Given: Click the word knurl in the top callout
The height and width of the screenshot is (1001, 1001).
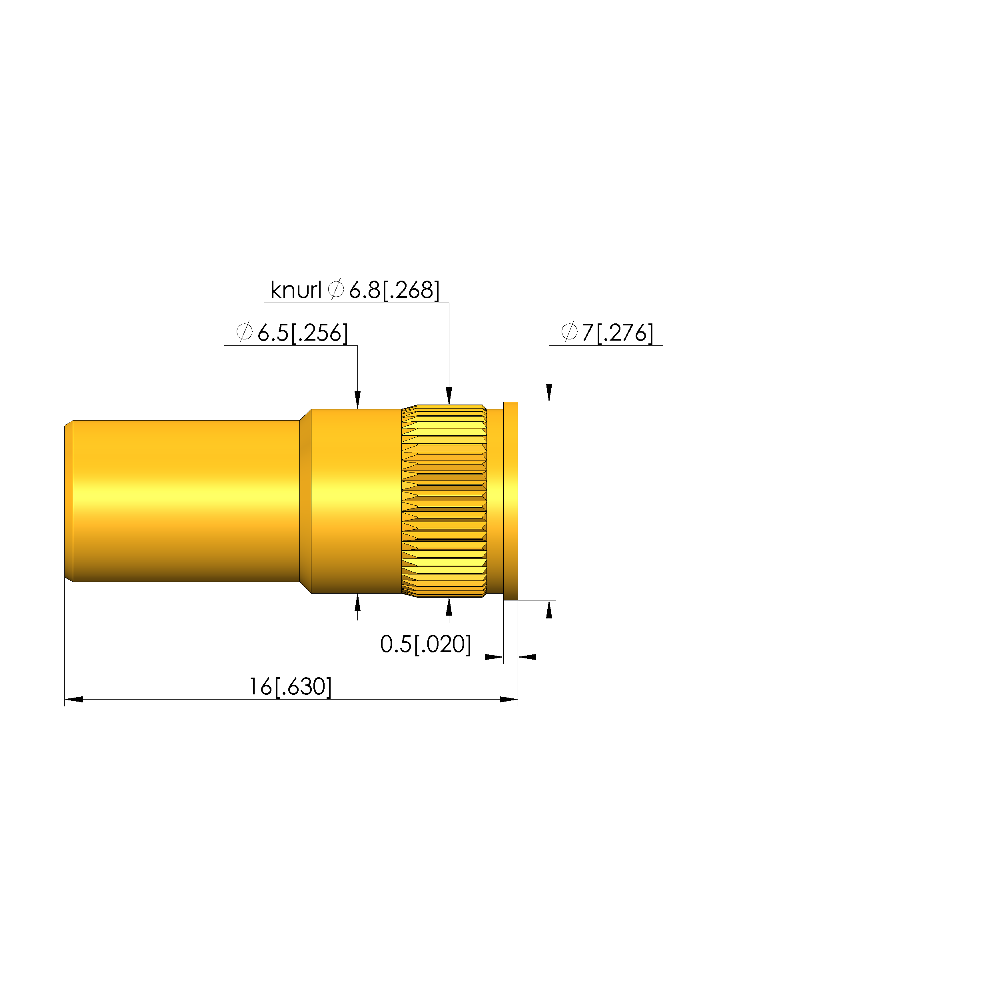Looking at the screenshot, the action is (x=296, y=290).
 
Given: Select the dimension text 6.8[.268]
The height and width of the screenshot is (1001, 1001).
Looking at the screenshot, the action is (x=394, y=290).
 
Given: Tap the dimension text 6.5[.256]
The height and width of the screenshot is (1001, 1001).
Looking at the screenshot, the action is (x=303, y=333).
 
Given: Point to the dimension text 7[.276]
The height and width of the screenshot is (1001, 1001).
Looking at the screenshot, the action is (x=618, y=333).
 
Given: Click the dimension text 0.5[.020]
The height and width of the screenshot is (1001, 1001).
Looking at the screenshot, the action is (x=425, y=644).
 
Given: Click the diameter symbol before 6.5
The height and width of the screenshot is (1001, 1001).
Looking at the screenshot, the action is (x=244, y=332).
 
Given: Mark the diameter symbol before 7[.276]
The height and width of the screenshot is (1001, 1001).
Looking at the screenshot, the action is (x=569, y=332).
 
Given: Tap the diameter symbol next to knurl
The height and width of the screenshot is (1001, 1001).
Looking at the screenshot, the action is (x=336, y=289).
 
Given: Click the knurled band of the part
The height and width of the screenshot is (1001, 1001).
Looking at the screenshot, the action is (x=444, y=501).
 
